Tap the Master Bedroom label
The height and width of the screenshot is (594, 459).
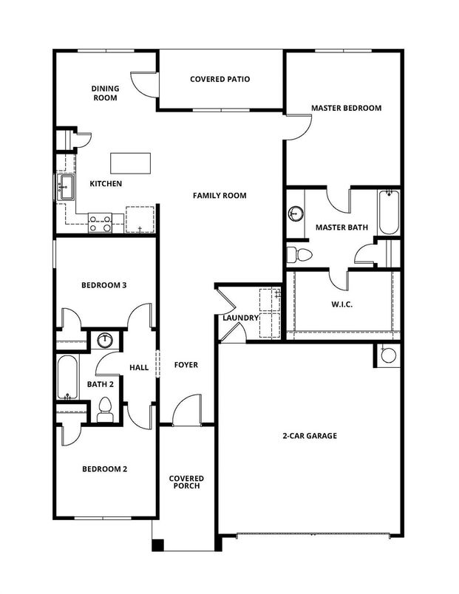click(346, 108)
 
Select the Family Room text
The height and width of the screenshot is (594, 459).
click(220, 196)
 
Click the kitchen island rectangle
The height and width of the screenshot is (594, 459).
click(130, 162)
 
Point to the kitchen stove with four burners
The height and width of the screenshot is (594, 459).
click(100, 222)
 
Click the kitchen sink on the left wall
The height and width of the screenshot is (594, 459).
click(65, 186)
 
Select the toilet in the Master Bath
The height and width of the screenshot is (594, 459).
click(299, 255)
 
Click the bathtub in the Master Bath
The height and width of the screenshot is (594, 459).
click(388, 213)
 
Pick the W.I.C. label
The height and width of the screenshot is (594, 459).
click(341, 304)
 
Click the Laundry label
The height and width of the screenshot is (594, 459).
click(240, 318)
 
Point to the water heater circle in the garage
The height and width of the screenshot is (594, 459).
click(387, 355)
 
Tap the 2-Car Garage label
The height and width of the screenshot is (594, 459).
click(310, 436)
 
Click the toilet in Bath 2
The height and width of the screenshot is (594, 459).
click(105, 409)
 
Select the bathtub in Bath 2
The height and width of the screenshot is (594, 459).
click(67, 379)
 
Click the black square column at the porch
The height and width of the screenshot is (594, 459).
click(157, 546)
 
